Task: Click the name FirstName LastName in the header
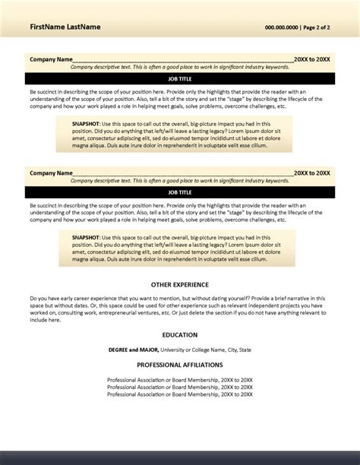coord(65,27)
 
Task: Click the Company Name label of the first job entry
coord(51,59)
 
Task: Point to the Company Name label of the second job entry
coord(51,173)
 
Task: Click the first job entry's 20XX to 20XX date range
coord(312,59)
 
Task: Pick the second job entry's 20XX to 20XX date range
coord(312,173)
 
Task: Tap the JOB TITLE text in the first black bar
coord(180,78)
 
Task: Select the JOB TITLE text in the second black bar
coord(180,193)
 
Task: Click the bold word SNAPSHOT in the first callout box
coord(85,125)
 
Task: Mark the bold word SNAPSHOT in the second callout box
coord(85,239)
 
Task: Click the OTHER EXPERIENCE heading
coord(180,284)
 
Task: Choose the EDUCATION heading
coord(180,334)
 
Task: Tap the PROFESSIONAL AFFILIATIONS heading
coord(180,365)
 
